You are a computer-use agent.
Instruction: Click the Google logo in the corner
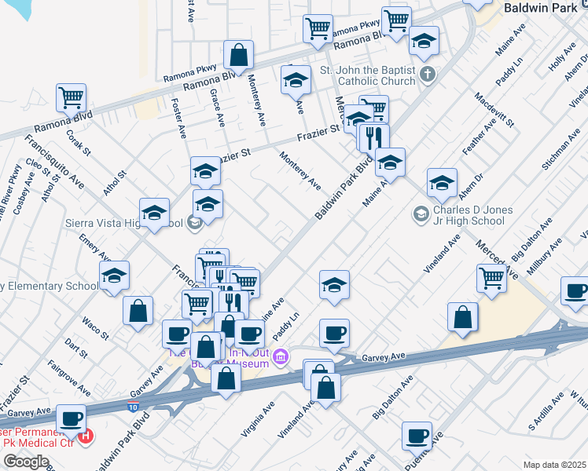coord(25,461)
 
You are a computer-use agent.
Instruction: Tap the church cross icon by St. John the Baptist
coord(427,75)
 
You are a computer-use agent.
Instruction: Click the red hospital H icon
coord(86,435)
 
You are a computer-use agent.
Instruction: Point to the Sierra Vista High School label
coord(137,224)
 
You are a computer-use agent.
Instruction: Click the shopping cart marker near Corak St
coord(71,98)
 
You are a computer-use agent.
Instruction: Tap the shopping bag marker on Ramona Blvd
coord(238,55)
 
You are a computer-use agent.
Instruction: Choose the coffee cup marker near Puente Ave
coord(417,435)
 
